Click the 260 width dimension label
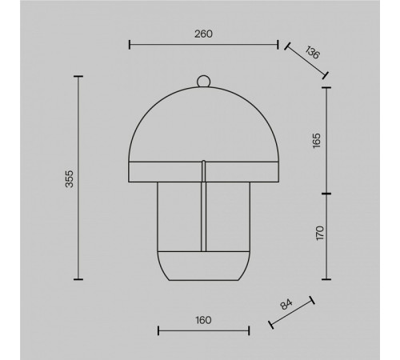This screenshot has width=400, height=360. [203, 34]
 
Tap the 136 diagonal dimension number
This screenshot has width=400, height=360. [312, 52]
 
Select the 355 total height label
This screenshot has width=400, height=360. [70, 178]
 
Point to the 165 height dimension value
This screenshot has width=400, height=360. [316, 141]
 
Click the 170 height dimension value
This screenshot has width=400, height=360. [320, 233]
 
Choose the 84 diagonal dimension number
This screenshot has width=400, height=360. [286, 304]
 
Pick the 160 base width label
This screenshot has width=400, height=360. [203, 320]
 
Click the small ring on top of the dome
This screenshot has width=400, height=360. [203, 82]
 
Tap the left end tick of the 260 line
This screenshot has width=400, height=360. [130, 45]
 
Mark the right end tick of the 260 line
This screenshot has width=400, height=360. [278, 45]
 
